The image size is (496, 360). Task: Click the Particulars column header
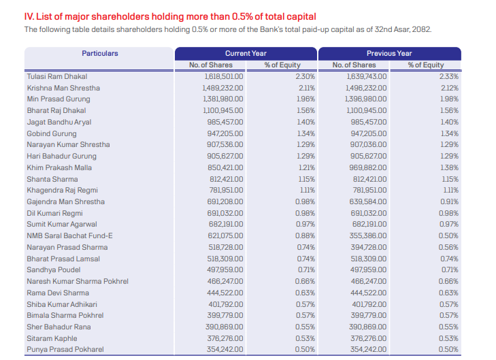point(99,53)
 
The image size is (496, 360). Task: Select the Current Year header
point(246,53)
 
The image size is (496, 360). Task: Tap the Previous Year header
point(389,53)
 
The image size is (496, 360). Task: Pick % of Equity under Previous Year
point(425,65)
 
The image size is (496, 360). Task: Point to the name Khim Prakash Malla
point(59,167)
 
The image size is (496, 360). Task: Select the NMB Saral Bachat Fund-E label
point(69,235)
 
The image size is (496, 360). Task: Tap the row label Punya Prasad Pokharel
point(65,349)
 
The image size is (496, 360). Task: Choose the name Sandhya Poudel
point(53,269)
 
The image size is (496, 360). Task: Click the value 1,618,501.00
point(224,77)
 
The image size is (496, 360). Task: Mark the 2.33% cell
point(448,77)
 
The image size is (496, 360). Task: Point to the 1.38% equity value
point(448,167)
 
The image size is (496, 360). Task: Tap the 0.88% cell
point(305,235)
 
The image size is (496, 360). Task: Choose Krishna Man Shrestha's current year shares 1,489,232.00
point(224,88)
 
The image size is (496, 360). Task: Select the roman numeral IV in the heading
point(28,16)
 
